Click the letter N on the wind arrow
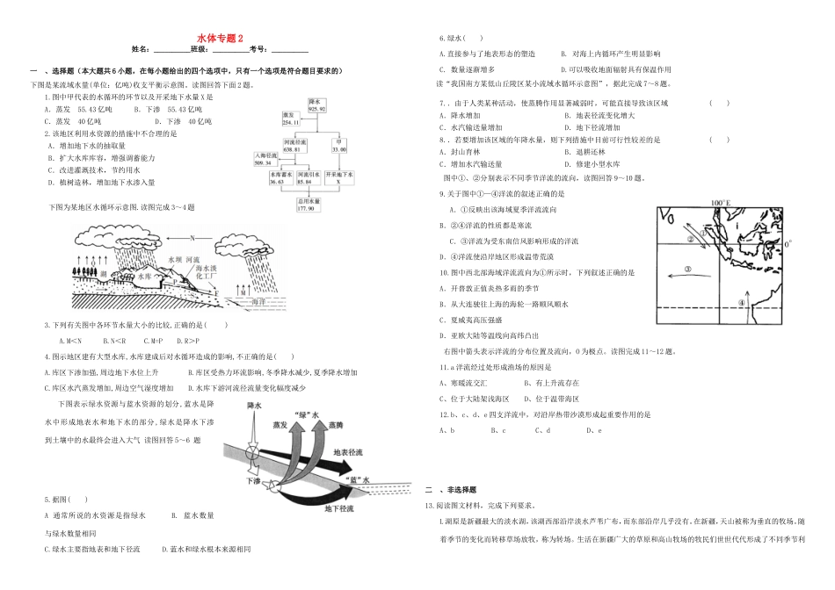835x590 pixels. (x=193, y=237)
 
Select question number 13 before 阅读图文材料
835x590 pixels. (x=429, y=506)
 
